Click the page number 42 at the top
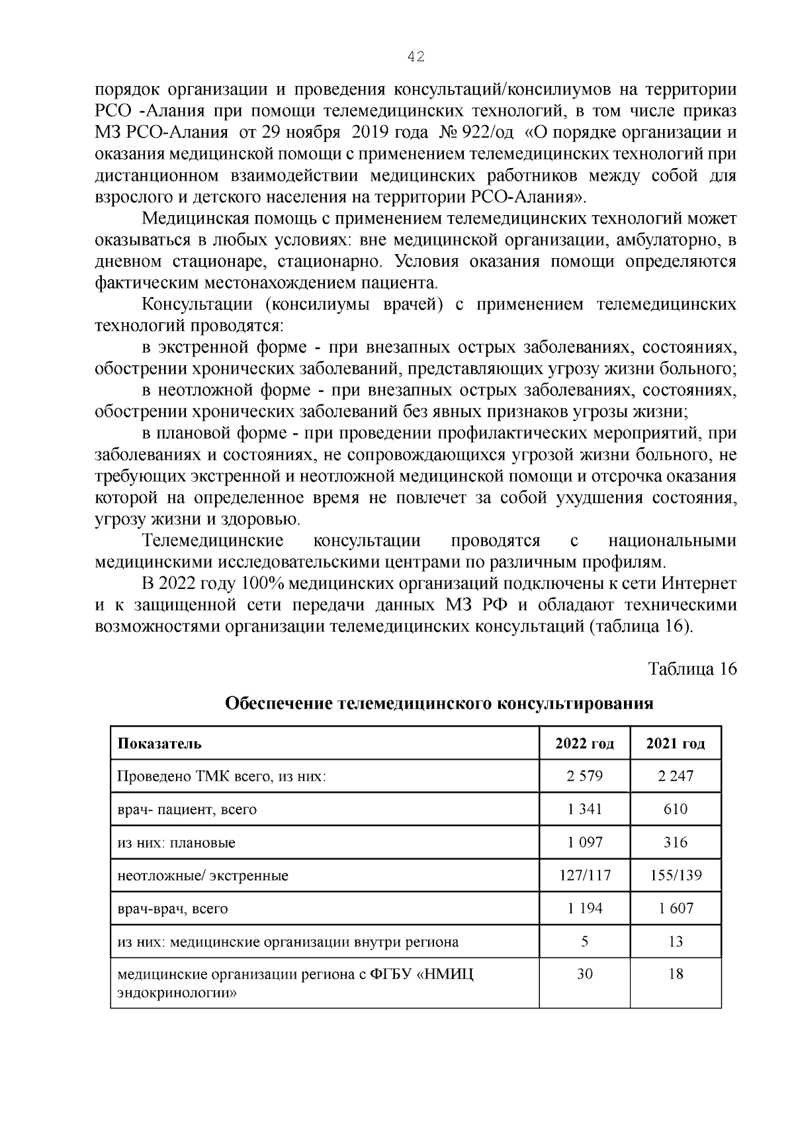pos(416,57)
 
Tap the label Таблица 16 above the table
pos(693,668)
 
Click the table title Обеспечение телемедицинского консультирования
pos(439,703)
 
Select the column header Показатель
pos(159,743)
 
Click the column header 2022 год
pos(585,743)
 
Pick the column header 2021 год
pos(676,743)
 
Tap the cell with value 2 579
pos(585,776)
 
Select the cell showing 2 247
pos(676,776)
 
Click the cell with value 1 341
pos(585,809)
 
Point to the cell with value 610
pos(676,809)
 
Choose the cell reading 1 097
pos(585,842)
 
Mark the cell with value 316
pos(676,842)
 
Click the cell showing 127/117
pos(585,876)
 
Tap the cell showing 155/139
pos(676,876)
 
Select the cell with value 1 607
pos(676,908)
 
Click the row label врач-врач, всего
pos(173,909)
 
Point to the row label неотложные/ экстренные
pos(203,876)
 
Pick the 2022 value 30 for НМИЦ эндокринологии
pos(585,974)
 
